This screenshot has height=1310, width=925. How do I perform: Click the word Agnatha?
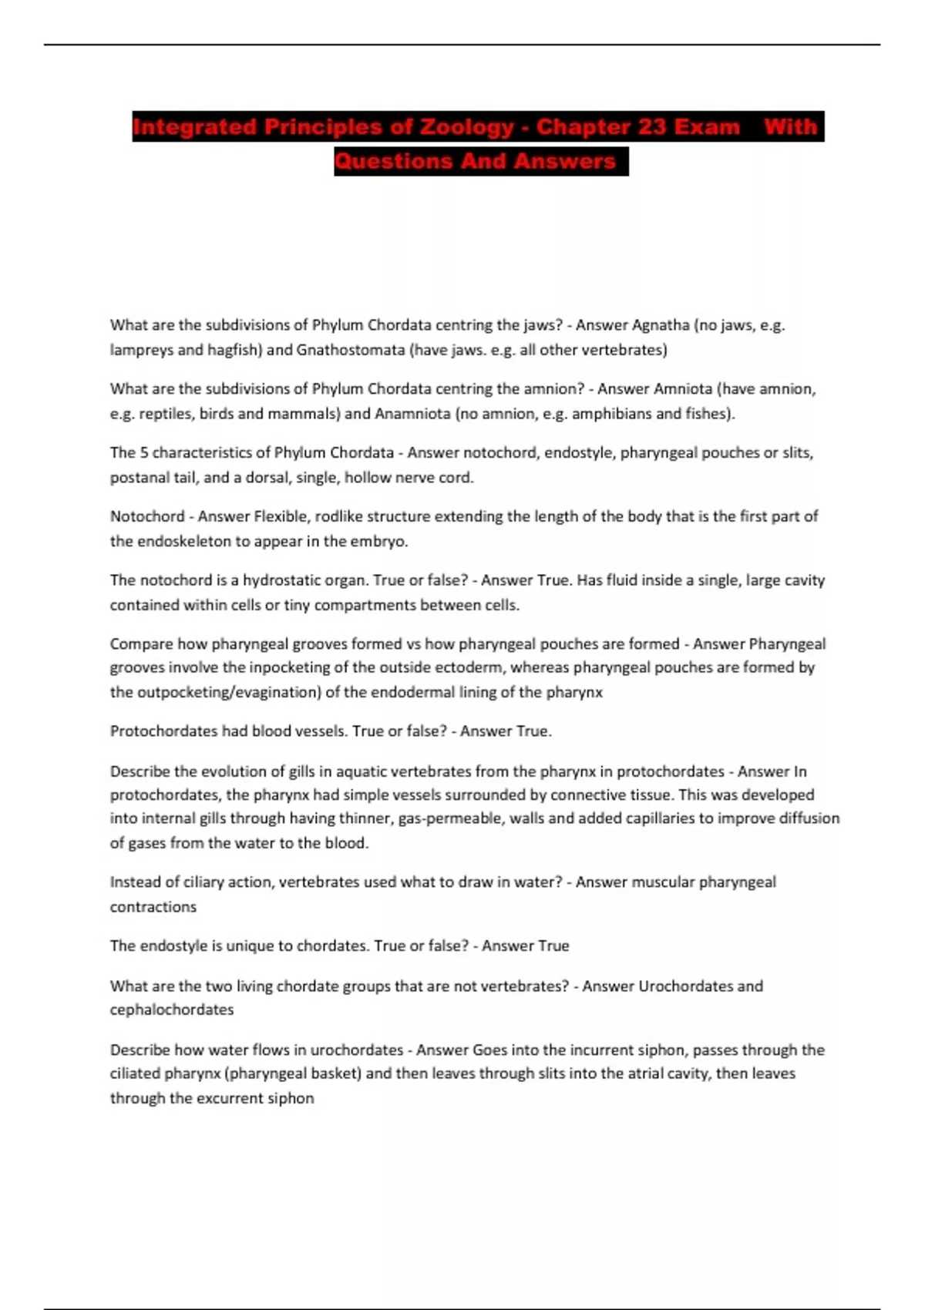(x=661, y=325)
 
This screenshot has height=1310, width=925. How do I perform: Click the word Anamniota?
(x=412, y=414)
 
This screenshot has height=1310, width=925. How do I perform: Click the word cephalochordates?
(x=171, y=1010)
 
